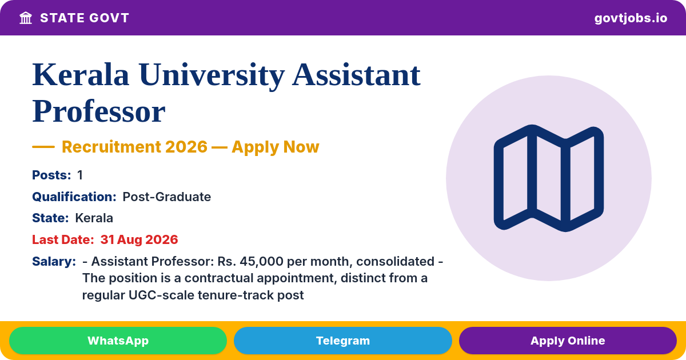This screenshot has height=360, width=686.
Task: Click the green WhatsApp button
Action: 118,341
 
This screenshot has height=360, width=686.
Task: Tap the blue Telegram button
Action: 342,341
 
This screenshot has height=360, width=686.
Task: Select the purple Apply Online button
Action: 568,341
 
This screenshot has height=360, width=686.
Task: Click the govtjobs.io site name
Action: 631,18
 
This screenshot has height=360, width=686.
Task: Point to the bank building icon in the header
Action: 26,18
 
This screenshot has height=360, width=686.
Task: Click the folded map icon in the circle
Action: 548,178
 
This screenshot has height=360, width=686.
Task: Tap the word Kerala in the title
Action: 81,75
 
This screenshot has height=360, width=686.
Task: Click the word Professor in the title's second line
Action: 98,111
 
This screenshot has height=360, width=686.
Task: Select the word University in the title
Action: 212,75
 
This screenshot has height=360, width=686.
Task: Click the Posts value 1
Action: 80,175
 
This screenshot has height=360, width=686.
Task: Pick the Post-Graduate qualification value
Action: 166,197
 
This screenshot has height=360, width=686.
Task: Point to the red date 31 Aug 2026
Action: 139,239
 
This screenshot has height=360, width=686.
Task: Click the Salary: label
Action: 54,262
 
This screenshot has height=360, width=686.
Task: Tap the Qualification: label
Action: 74,197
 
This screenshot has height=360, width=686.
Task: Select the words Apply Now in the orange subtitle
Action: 276,147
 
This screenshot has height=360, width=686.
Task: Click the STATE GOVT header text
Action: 85,18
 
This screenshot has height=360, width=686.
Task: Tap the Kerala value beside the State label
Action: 94,218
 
